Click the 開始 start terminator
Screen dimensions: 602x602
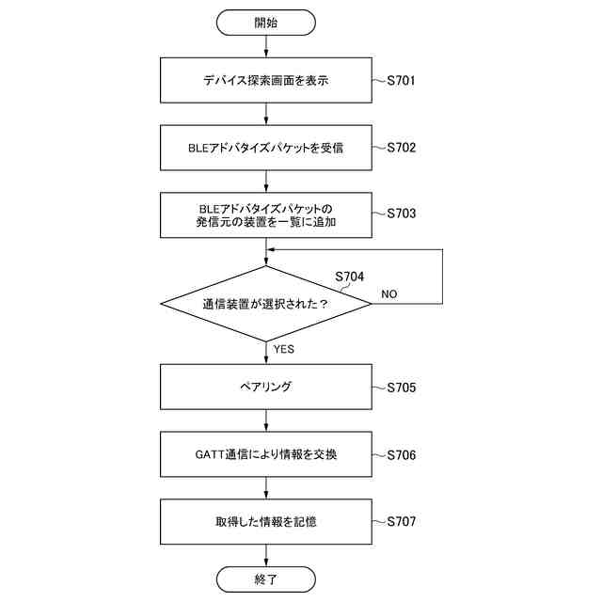tap(266, 22)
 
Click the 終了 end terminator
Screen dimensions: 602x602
tap(266, 579)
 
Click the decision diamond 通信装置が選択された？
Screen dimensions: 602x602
tap(266, 304)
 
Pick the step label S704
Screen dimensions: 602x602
tap(350, 277)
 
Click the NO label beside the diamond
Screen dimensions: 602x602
tap(388, 294)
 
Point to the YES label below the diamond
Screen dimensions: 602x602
tap(283, 349)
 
